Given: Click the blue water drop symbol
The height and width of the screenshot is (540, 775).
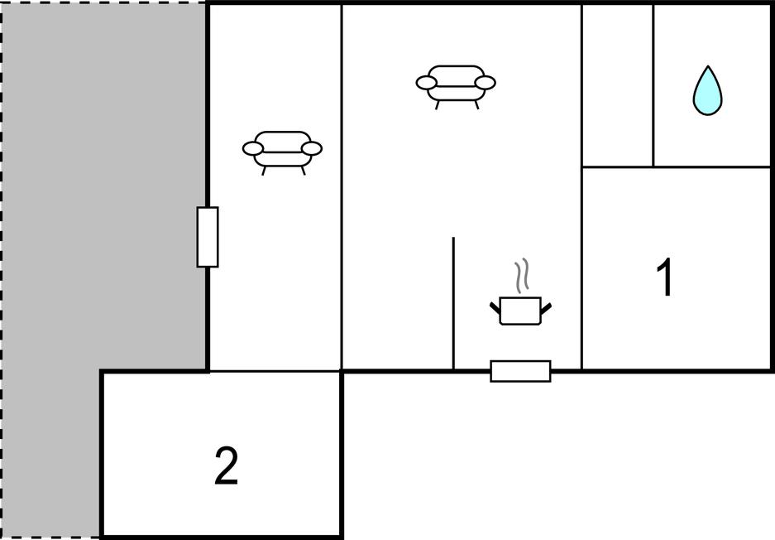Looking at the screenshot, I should coord(706,92).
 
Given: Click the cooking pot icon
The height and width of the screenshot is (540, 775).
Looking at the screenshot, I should coord(520,311).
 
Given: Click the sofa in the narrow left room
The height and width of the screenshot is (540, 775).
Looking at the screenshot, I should coord(282,150).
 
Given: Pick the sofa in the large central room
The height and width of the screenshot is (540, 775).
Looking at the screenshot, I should coord(456,84).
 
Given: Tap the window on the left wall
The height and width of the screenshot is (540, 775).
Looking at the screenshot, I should coord(208,237).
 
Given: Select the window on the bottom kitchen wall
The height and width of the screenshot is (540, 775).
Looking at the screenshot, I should coord(520,371).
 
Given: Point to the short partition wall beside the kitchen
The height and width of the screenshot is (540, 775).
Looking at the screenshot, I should coord(453,303).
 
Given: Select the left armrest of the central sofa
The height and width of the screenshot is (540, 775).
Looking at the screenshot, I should coord(426,83).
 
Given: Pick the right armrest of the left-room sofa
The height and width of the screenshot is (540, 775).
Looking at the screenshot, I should coord(312,149).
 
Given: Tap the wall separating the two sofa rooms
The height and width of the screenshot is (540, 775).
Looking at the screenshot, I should coord(342,186).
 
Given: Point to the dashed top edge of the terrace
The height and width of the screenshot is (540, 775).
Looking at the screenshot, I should coord(103,2).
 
